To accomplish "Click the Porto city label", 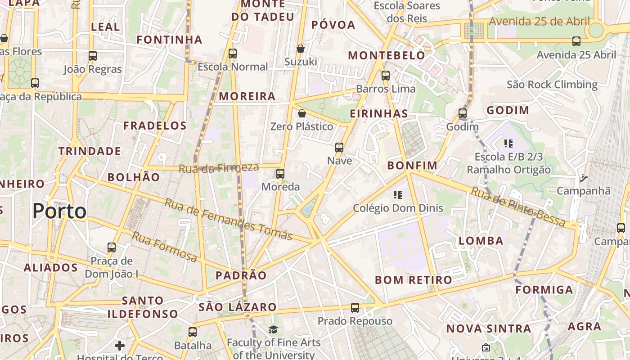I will pos(60,211).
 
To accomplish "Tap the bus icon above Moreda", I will pos(280,174).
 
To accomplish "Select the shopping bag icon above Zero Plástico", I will pos(302,113).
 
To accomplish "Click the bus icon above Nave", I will pos(339,148).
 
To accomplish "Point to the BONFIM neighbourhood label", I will pos(412,166).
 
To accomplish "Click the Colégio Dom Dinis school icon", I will pos(398,195).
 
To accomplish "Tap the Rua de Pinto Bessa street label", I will pos(517,207).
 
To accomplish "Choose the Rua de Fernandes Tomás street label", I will pos(228,219).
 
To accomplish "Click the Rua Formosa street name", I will pos(165,247).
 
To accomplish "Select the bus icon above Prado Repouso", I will pos(355,308).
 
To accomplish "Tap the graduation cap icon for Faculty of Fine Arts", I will pos(273,330).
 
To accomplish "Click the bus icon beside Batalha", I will pos(193,332).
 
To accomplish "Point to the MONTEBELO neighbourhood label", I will pos(387,55).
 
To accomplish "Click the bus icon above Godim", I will pos(463,113).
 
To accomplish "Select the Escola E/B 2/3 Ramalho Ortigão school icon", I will pos(508,144).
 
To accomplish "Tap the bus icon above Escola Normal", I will pos(233,54).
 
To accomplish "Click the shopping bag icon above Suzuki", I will pos(301,49).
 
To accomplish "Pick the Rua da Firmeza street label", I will pos(219,168).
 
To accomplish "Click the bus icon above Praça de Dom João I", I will pos(112,247).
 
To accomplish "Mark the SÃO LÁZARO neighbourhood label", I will pos(238,307).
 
